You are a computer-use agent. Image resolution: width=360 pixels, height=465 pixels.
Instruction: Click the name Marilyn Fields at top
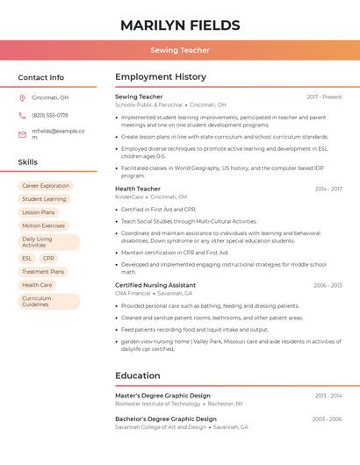(x=180, y=25)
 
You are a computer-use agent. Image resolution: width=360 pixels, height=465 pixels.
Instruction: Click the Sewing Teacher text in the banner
(x=180, y=50)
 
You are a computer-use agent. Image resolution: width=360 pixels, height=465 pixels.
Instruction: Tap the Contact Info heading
(x=40, y=77)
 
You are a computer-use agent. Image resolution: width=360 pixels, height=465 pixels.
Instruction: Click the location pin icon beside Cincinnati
(x=22, y=98)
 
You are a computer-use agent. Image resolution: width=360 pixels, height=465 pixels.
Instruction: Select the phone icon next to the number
(x=22, y=115)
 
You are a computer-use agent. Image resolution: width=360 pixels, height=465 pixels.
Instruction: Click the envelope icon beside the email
(x=22, y=134)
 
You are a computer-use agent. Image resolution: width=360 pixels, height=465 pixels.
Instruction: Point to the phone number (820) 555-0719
(x=49, y=115)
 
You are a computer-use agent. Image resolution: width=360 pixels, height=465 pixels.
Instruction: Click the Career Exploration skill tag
(x=46, y=186)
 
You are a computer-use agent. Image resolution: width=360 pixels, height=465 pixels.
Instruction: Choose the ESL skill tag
(x=27, y=259)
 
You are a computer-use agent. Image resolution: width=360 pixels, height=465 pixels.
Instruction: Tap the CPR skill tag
(x=48, y=259)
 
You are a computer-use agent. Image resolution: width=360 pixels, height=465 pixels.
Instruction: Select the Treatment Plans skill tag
(x=43, y=272)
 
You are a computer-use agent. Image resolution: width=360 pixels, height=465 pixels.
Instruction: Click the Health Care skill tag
(x=37, y=285)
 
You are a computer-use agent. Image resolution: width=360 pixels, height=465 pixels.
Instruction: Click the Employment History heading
(x=161, y=77)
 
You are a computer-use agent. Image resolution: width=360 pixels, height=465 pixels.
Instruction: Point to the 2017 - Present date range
(x=324, y=97)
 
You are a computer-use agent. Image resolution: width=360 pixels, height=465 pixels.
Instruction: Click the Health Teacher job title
(x=138, y=189)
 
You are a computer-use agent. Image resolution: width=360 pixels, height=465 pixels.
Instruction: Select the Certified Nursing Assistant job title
(x=155, y=285)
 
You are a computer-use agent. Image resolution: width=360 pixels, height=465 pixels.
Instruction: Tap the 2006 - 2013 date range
(x=328, y=285)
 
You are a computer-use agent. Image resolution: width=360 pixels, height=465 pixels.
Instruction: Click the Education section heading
(x=138, y=376)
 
